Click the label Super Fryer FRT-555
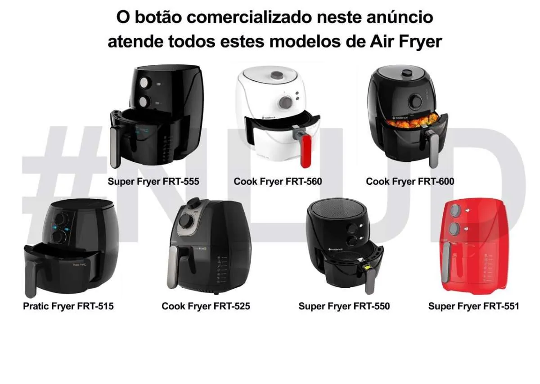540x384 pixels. pyautogui.click(x=153, y=182)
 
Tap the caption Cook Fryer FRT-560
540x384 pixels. pyautogui.click(x=278, y=182)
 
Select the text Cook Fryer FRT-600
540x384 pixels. pyautogui.click(x=410, y=182)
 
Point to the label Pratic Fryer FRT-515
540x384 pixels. pyautogui.click(x=68, y=307)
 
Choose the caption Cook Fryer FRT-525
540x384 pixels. pyautogui.click(x=206, y=307)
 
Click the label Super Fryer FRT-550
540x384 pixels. pyautogui.click(x=344, y=307)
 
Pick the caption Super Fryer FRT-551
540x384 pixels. pyautogui.click(x=473, y=307)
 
